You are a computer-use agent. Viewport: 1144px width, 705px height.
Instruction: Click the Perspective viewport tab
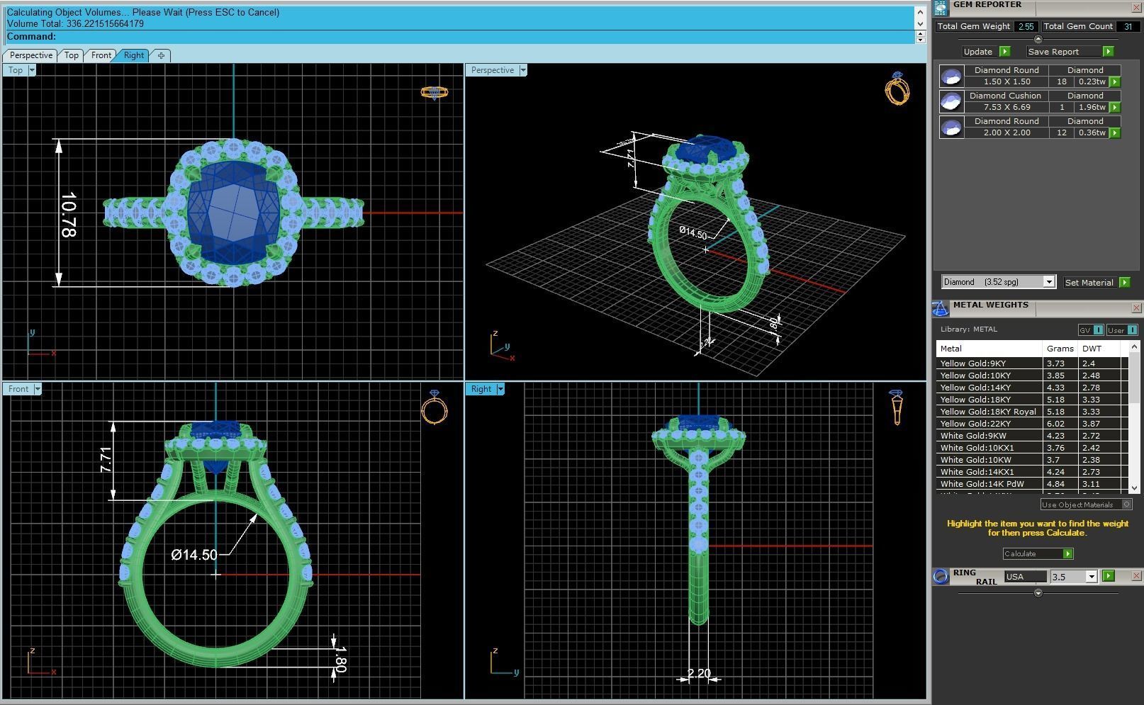[30, 55]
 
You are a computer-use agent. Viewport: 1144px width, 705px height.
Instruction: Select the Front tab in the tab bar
[101, 55]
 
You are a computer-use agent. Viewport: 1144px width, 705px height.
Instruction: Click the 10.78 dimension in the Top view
[69, 214]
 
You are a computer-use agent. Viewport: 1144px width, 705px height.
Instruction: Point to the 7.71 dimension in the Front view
[106, 460]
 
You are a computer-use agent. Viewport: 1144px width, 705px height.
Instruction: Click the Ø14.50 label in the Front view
[194, 555]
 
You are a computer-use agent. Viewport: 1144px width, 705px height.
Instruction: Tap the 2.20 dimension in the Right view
[699, 674]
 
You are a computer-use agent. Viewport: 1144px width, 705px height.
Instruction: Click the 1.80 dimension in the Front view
[340, 659]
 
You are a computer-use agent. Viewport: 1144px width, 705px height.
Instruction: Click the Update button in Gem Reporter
[978, 52]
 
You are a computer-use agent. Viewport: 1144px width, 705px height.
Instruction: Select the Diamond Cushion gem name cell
[1005, 96]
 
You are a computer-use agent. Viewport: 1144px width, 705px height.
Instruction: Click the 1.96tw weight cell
[1092, 107]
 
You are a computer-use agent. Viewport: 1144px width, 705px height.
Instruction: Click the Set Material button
[1089, 283]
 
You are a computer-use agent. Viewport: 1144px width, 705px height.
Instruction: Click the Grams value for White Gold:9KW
[1055, 436]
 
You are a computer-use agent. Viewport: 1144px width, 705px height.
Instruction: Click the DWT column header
[1092, 349]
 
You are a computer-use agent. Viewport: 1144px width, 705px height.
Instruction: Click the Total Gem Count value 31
[1127, 27]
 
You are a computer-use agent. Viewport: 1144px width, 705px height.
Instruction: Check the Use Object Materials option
[1126, 504]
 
